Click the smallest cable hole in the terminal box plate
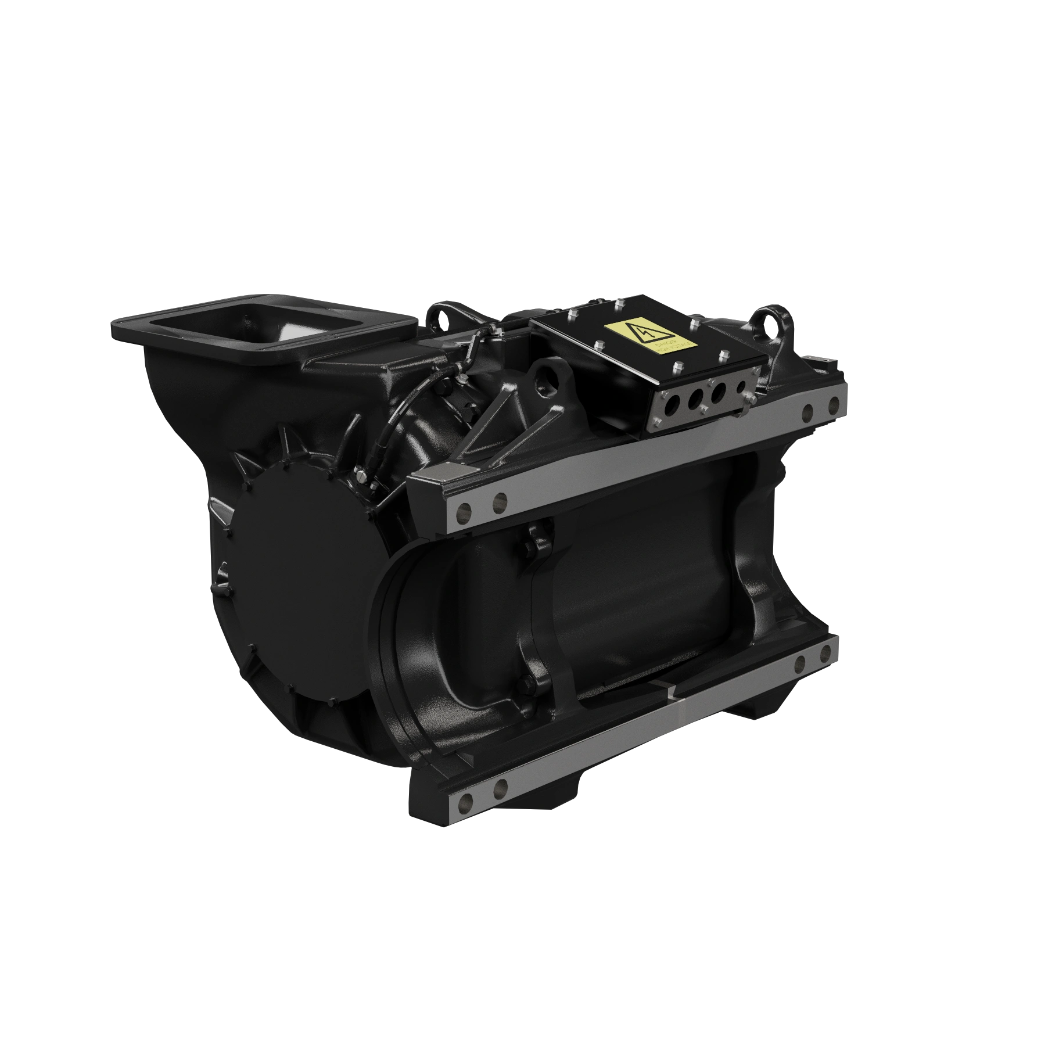(742, 387)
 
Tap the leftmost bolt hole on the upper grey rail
(463, 511)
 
